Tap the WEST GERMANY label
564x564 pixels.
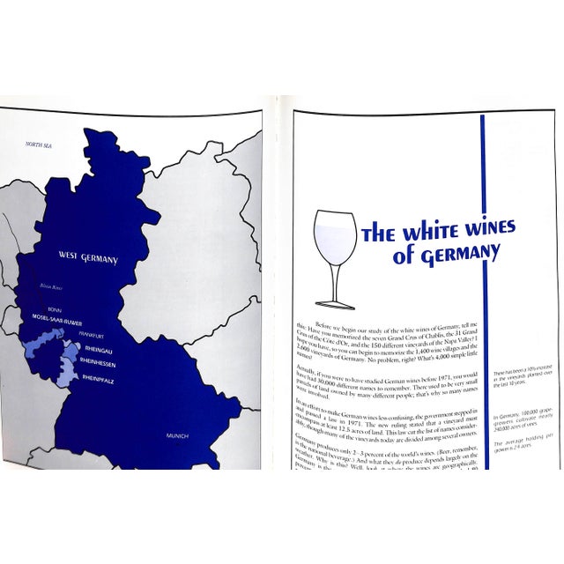pos(88,257)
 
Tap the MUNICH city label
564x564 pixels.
pos(179,435)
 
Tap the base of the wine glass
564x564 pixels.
pos(338,305)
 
